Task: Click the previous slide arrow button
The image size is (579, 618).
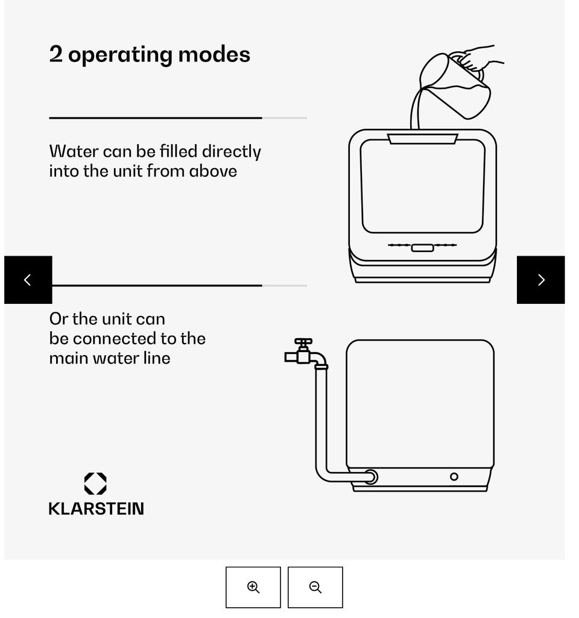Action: point(28,280)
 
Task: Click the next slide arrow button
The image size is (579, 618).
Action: point(540,280)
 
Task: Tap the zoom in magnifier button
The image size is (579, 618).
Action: point(253,587)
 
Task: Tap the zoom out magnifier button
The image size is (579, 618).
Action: point(315,587)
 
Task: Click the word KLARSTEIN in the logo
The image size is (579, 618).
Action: point(96,508)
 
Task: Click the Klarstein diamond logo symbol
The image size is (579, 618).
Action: point(95,483)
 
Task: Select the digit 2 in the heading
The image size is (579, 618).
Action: point(55,54)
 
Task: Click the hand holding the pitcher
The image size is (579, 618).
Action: point(479,58)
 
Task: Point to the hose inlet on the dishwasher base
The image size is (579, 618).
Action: point(370,477)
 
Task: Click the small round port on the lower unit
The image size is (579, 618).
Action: point(454,477)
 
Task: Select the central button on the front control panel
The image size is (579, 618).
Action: point(423,248)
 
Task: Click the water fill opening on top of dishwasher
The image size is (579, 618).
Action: point(422,139)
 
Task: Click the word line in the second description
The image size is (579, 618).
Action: point(157,358)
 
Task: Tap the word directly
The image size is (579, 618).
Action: point(232,152)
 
